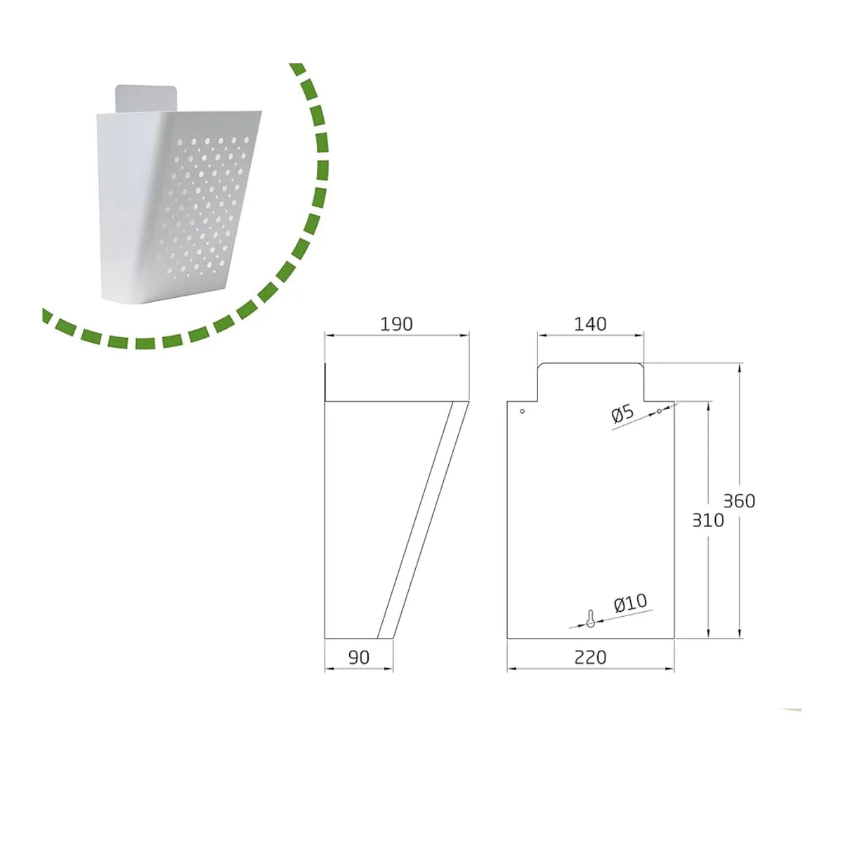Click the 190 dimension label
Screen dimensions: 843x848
pos(396,325)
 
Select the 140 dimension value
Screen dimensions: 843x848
pos(590,325)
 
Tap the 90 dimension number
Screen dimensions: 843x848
pos(359,658)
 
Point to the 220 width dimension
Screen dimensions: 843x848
pos(590,658)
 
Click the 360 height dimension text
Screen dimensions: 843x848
pos(739,501)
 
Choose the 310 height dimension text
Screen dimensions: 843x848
pos(708,521)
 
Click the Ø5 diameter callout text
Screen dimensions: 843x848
pos(622,415)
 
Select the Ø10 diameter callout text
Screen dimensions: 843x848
pos(630,602)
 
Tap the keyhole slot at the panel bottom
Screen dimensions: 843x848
pos(590,618)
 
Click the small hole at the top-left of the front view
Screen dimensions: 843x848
pos(522,411)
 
